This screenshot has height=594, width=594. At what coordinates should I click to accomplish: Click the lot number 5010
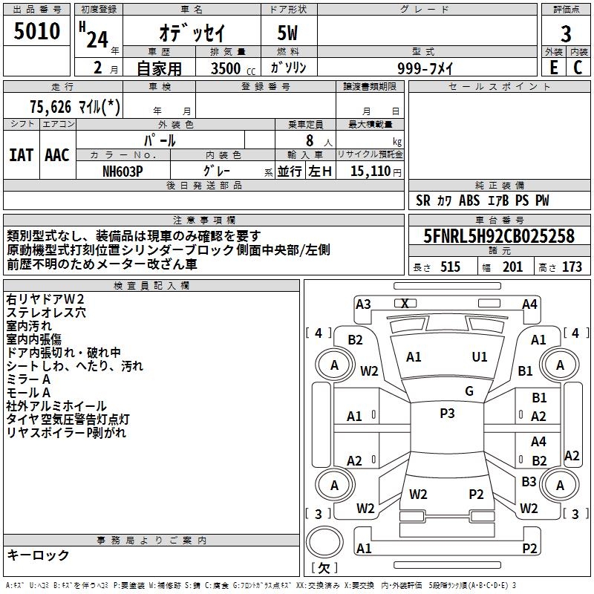point(36,30)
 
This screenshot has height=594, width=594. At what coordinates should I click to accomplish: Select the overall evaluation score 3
point(566,33)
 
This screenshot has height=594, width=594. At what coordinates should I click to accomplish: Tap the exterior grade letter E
point(554,67)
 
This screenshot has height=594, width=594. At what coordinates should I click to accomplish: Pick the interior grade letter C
point(578,67)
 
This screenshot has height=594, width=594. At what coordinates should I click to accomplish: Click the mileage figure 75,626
point(50,107)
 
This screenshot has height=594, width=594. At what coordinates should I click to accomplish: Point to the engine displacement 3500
point(226,68)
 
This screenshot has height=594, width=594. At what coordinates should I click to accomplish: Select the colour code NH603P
point(123,172)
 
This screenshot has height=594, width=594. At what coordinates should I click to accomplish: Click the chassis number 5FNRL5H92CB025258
point(499,235)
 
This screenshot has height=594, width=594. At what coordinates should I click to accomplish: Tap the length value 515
point(450,267)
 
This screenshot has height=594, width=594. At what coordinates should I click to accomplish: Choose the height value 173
point(572,267)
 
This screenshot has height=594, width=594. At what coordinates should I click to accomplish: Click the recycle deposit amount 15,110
point(370,171)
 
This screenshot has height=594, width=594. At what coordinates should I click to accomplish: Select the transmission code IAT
point(21,155)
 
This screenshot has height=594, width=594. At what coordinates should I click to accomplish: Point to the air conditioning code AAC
point(57,155)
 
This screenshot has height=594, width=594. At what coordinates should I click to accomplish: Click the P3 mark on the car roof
point(447,413)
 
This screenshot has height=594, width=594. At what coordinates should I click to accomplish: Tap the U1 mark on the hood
point(479,356)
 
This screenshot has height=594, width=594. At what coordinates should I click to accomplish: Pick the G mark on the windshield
point(469,391)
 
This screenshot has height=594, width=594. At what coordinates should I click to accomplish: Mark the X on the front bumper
point(405,304)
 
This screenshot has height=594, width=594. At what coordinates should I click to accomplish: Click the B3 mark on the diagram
point(529,481)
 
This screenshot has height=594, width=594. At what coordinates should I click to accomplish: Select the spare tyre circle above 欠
point(324,542)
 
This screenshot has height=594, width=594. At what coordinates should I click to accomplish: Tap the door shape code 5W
point(287,33)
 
